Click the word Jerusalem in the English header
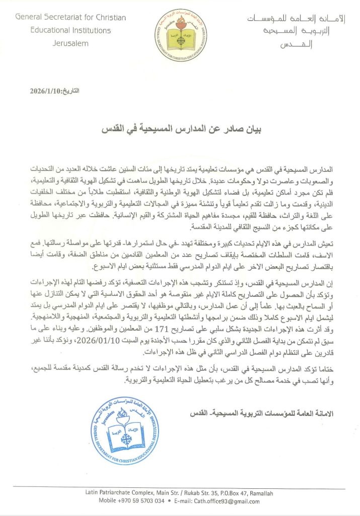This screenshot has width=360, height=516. click(71, 43)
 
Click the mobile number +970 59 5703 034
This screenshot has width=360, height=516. click(143, 501)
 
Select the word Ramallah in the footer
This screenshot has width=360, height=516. click(268, 492)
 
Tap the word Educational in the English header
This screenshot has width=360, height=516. click(38, 30)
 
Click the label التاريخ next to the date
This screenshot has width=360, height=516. click(69, 91)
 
